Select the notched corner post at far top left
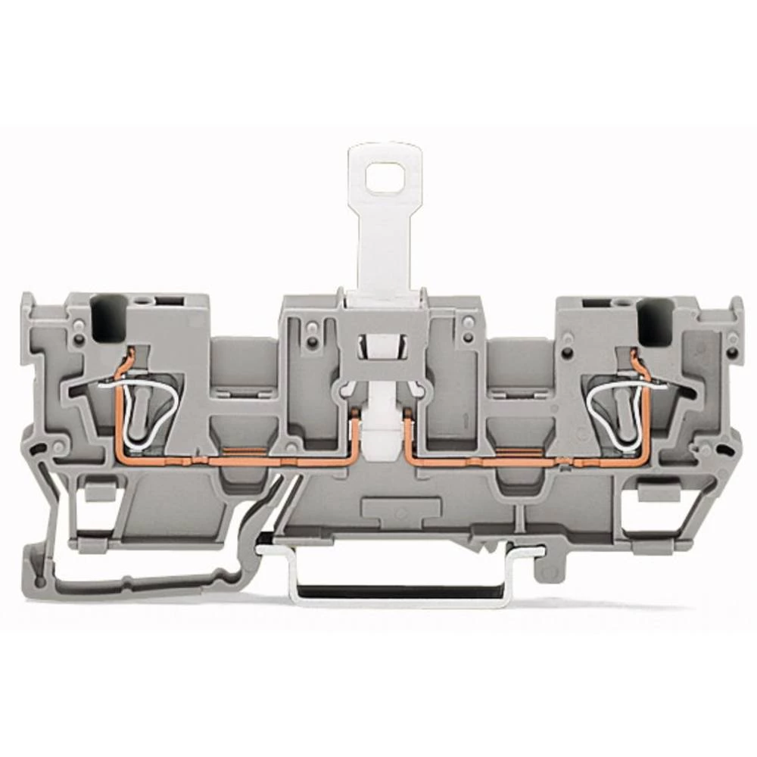29,310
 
